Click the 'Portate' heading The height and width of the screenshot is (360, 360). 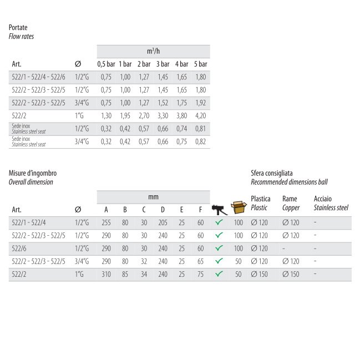point(18,27)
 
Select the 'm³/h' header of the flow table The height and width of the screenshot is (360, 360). point(154,51)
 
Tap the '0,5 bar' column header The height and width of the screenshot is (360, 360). point(107,64)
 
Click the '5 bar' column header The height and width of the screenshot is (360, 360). point(200,64)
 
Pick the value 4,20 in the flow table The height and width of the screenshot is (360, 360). point(200,116)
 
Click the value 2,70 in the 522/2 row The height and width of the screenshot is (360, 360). point(144,116)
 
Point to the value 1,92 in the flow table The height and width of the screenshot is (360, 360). point(200,103)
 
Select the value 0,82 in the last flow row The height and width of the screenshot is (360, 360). point(200,142)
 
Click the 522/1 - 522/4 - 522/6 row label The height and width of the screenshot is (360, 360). point(38,77)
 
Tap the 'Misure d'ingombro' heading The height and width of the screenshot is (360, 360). point(33,173)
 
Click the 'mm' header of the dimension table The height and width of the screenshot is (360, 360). point(154,197)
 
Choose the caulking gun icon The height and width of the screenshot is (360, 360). point(219,210)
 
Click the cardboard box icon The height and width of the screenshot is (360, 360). point(239,207)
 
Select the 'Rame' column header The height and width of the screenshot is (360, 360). point(290,199)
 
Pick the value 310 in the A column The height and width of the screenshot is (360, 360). point(106,275)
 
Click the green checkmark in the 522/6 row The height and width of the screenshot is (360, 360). point(219,249)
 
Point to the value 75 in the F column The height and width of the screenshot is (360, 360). point(200,275)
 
